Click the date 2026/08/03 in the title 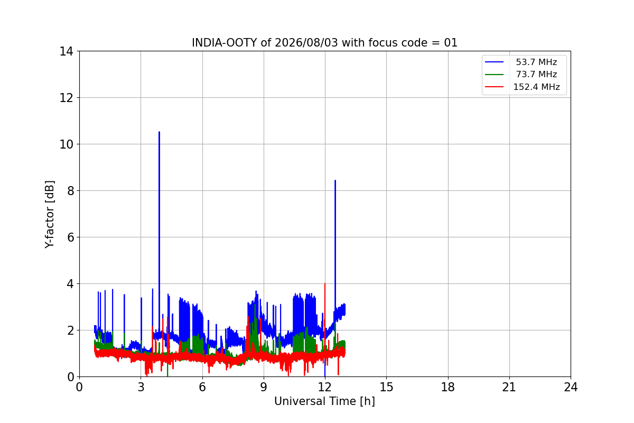(306, 43)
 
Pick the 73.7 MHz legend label (536, 74)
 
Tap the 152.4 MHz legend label (536, 87)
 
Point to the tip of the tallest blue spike (160, 132)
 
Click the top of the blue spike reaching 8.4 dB (335, 180)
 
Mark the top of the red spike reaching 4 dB (324, 283)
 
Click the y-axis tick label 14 (66, 52)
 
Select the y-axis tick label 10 (66, 144)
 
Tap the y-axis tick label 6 (70, 237)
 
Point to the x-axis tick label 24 (571, 387)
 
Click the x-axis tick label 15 (386, 387)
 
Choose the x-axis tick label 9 (264, 387)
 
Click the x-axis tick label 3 (141, 387)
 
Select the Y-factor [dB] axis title (50, 215)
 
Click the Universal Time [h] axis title (324, 401)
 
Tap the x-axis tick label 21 (509, 387)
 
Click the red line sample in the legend (494, 87)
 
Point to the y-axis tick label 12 (66, 98)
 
